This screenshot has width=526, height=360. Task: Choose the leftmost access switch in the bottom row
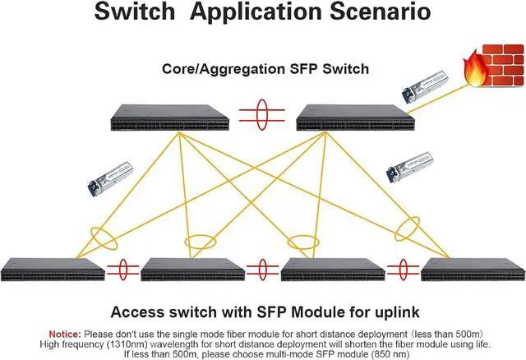point(52,270)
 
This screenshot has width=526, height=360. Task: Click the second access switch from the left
point(191,270)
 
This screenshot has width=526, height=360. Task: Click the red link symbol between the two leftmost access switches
point(122,269)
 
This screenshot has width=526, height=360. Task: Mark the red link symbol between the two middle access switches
point(262,269)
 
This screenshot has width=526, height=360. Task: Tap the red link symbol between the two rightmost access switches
point(403,269)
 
